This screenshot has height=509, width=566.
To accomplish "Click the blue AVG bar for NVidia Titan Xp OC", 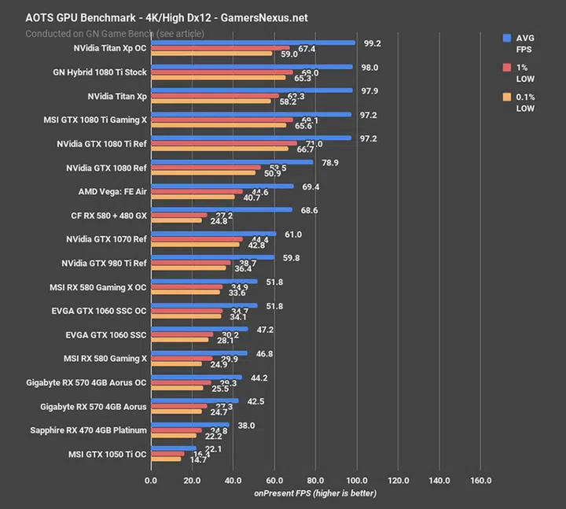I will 252,43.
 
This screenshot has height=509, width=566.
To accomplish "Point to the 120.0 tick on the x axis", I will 399,480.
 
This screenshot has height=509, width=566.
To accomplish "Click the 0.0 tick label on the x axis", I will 151,480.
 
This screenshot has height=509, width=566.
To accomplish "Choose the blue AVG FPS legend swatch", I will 508,37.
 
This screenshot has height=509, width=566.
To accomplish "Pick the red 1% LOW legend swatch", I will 508,68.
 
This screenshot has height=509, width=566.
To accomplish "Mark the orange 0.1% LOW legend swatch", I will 508,98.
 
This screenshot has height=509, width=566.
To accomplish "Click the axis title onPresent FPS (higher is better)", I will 314,493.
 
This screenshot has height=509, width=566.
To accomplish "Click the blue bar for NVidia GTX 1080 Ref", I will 232,162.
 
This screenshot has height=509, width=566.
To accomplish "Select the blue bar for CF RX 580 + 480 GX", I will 221,210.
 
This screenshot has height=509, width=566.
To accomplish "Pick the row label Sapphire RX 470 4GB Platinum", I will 88,430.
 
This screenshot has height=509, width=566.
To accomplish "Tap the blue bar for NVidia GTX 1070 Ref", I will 213,234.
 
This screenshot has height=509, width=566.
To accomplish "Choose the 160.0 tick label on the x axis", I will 480,480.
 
